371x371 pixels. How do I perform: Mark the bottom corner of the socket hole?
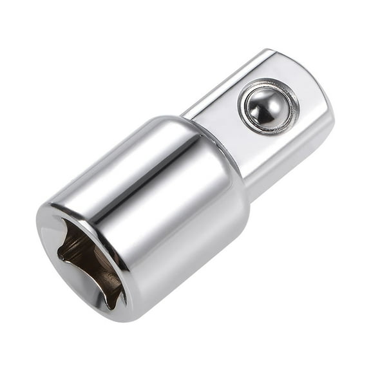(x=116, y=303)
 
